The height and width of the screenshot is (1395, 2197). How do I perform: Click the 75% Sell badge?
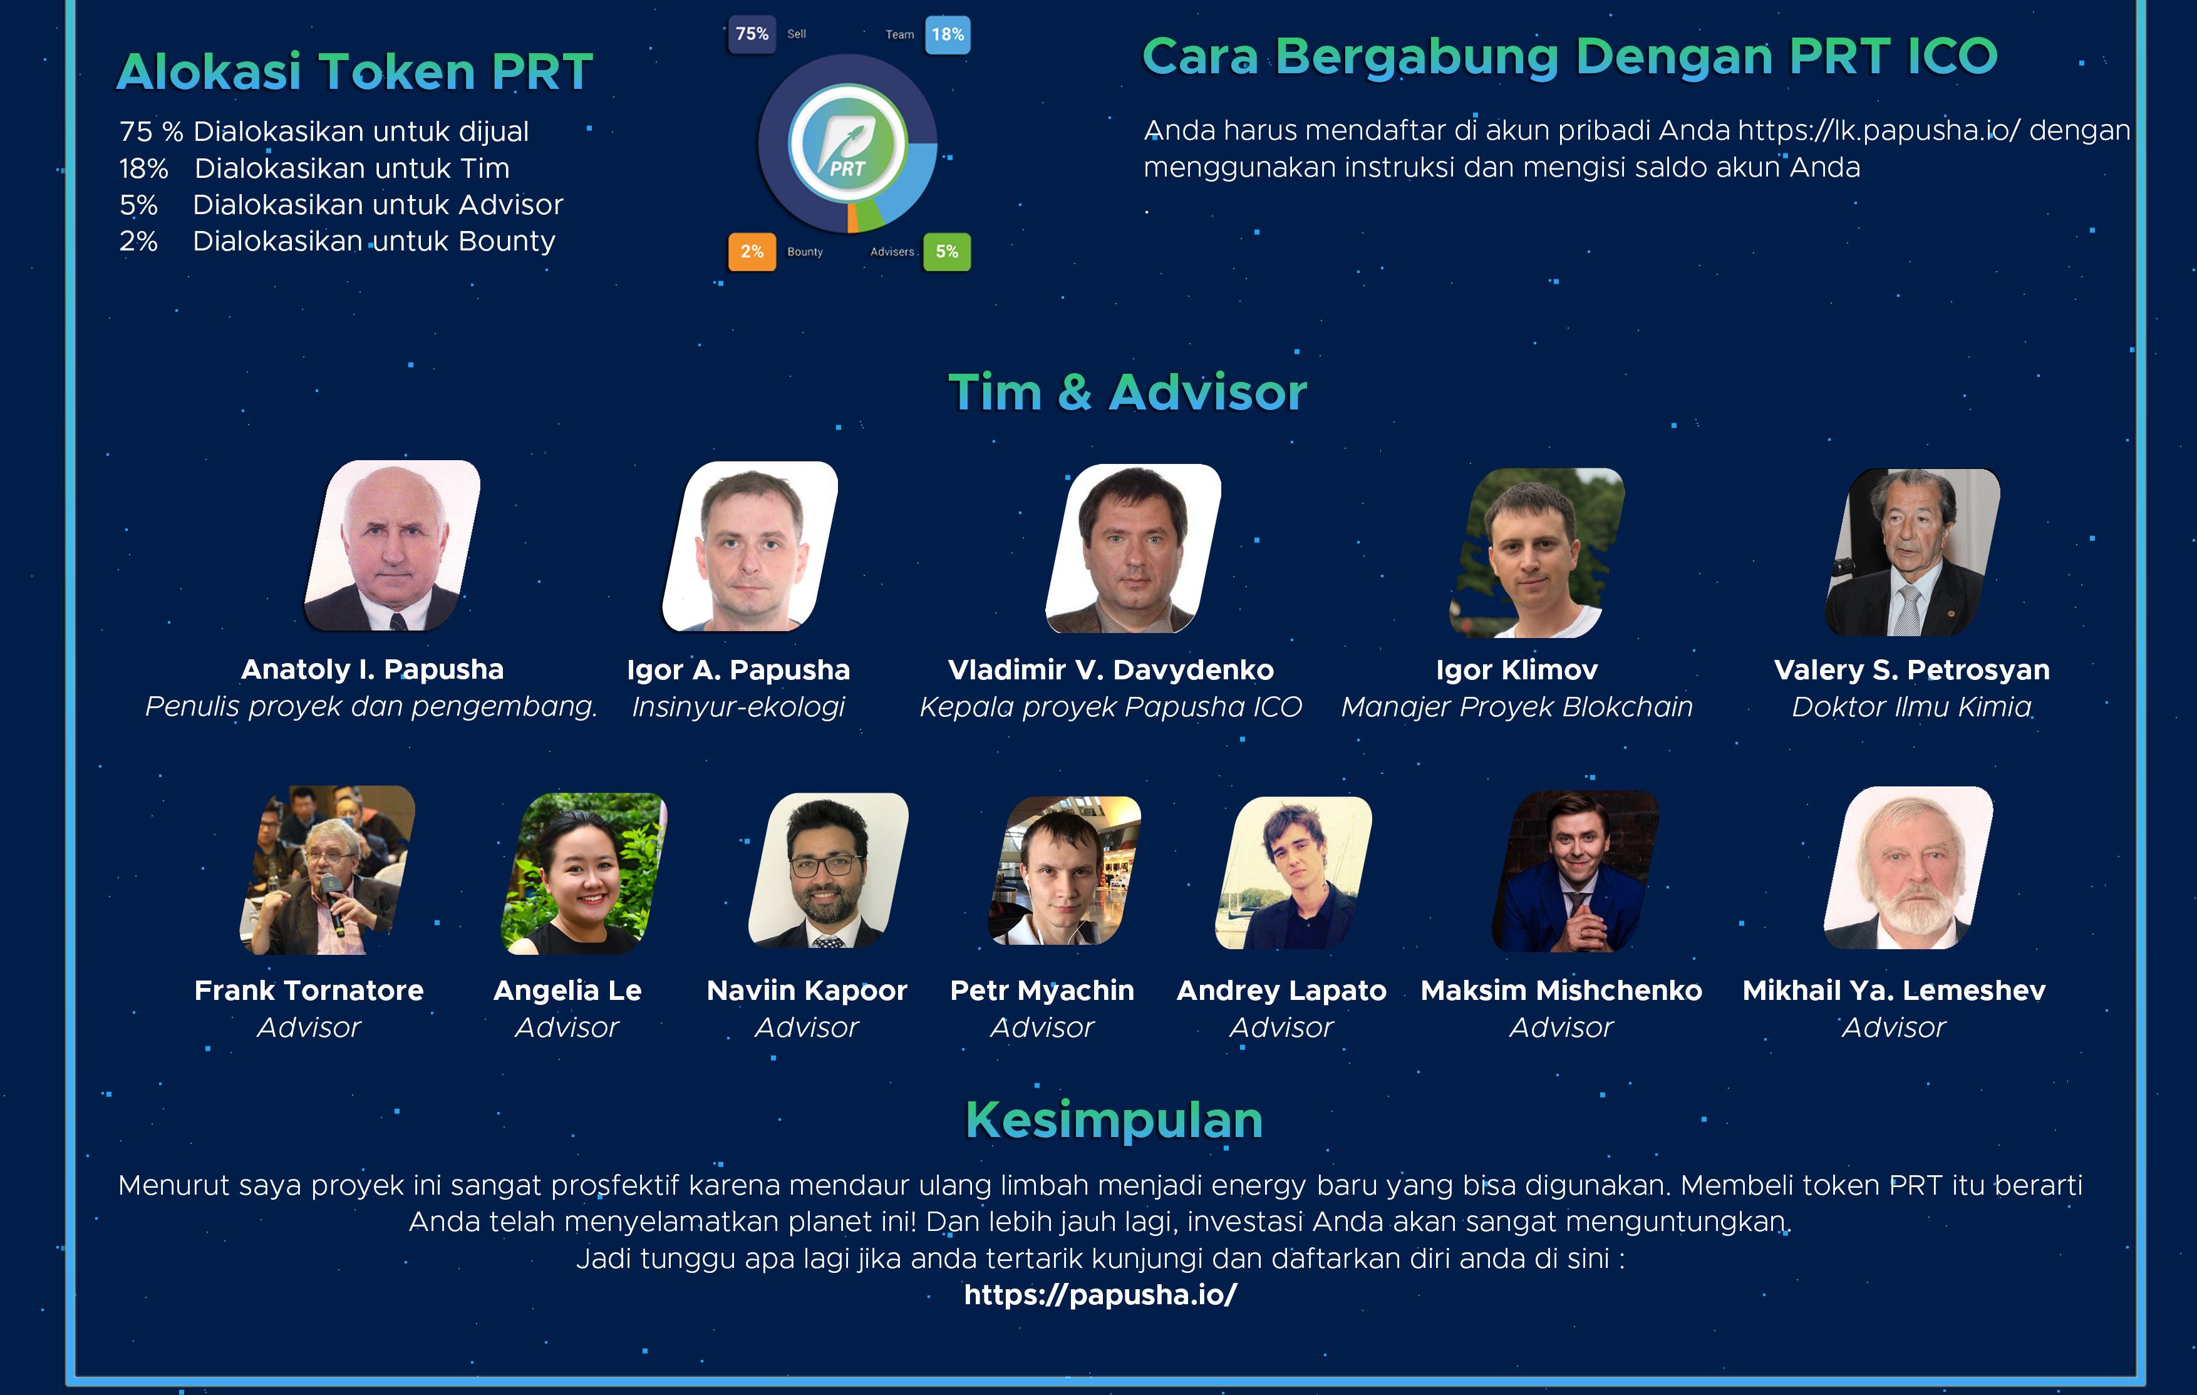click(x=752, y=34)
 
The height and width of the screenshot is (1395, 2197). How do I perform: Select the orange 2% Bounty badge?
click(x=752, y=252)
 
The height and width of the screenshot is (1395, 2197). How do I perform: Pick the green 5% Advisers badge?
click(x=947, y=252)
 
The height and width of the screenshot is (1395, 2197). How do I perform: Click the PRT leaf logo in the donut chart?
click(x=847, y=143)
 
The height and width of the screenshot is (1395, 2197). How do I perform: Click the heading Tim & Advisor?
click(x=1128, y=393)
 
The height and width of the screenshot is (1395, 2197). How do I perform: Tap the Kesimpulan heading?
click(x=1114, y=1120)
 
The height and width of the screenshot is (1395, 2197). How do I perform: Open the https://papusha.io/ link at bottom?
click(x=1100, y=1295)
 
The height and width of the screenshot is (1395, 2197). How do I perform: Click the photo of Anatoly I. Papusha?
click(x=392, y=545)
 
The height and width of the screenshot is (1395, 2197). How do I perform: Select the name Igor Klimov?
click(x=1516, y=670)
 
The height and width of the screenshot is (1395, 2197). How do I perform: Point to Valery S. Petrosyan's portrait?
click(x=1912, y=553)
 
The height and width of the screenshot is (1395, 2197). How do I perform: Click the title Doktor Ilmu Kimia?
click(x=1911, y=707)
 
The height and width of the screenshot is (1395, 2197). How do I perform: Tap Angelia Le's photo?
click(x=584, y=873)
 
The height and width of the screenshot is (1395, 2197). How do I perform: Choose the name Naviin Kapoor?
click(x=807, y=991)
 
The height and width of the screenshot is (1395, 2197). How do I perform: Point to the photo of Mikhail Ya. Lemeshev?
click(x=1909, y=868)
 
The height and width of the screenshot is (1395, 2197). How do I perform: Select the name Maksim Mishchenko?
click(x=1561, y=991)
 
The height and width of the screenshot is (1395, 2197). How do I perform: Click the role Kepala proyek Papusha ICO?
click(x=1110, y=707)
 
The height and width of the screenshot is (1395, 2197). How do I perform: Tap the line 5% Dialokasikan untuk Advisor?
click(x=341, y=204)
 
